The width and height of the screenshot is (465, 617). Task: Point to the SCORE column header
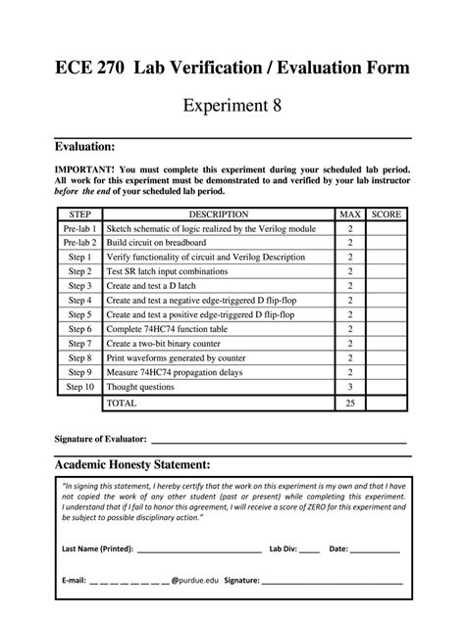(387, 213)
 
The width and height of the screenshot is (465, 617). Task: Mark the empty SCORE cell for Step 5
(387, 315)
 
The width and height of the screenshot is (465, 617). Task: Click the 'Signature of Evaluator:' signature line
(280, 441)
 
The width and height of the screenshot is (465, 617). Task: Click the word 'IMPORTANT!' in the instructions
(82, 168)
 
